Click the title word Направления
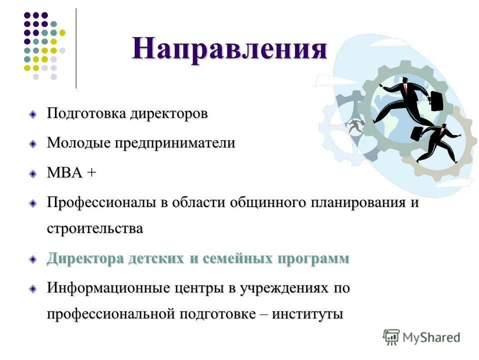[230, 49]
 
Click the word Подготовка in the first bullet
[87, 113]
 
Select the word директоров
[169, 113]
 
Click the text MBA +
[71, 173]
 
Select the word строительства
[95, 228]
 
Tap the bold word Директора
[85, 259]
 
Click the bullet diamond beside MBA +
[33, 174]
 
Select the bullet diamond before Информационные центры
[33, 289]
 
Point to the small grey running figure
[355, 126]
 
